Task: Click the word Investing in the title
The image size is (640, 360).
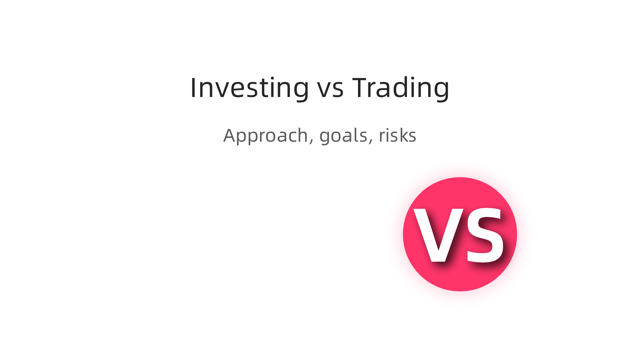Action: pyautogui.click(x=249, y=88)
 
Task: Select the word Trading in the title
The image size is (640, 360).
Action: pyautogui.click(x=401, y=88)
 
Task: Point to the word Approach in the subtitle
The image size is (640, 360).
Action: pyautogui.click(x=266, y=136)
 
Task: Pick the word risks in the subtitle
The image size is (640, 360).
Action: pyautogui.click(x=397, y=135)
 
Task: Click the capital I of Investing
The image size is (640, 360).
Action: pyautogui.click(x=193, y=88)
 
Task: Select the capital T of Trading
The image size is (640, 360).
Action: pyautogui.click(x=362, y=88)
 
